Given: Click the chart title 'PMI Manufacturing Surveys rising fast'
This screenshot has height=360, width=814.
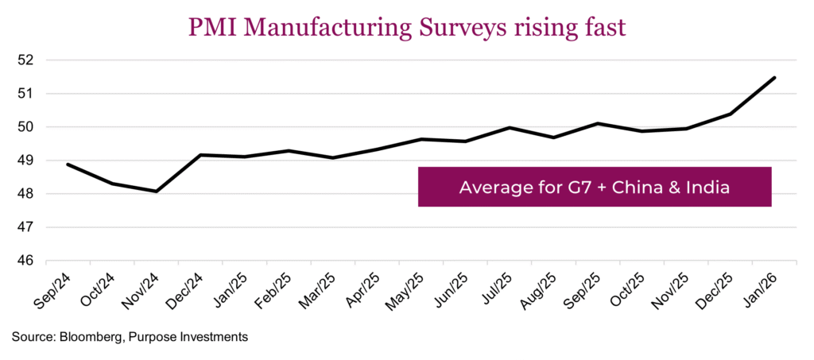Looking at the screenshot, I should tap(407, 26).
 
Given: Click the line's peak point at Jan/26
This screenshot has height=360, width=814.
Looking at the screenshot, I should tap(774, 78).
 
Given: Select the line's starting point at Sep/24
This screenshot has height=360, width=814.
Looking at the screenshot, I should tap(68, 165).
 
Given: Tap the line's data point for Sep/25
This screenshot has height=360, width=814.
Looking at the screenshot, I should tap(598, 124).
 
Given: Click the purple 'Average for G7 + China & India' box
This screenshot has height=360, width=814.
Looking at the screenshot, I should tap(595, 187).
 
